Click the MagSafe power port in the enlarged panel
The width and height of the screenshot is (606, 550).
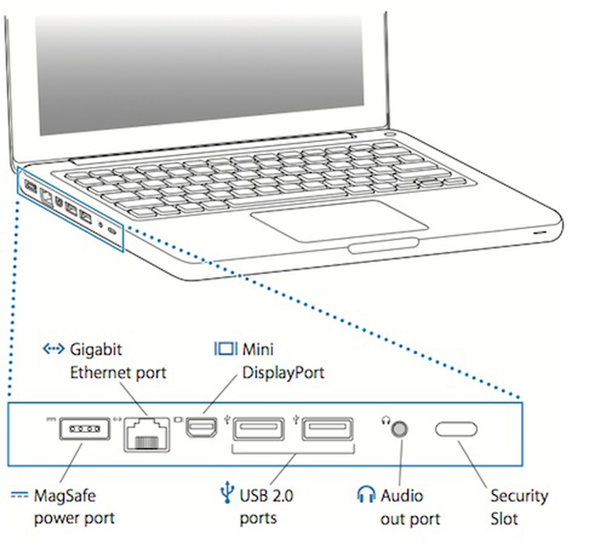(84, 428)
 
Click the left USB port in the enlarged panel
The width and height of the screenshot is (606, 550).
(258, 428)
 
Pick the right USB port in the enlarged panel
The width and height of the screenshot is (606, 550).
(328, 428)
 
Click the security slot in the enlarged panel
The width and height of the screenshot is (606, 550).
(456, 429)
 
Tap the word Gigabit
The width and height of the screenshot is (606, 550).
(96, 350)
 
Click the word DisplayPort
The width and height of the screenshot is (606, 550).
(283, 373)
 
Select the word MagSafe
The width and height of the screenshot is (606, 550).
(65, 495)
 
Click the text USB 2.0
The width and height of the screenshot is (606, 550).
(266, 495)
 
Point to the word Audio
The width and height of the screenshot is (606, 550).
(401, 495)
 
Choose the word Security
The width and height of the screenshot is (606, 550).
(519, 496)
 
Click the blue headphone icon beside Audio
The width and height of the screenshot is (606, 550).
(366, 495)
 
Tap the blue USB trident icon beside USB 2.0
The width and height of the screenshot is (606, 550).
(227, 492)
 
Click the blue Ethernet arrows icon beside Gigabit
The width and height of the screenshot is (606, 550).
(53, 348)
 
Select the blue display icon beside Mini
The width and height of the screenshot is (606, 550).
(226, 348)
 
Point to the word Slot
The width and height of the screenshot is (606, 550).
(504, 519)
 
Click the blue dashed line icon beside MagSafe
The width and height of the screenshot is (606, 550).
(19, 495)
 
